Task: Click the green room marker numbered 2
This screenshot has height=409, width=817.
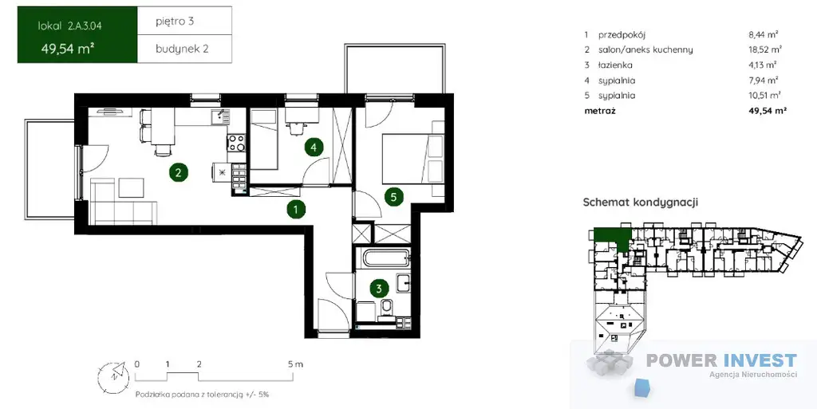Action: click(x=178, y=171)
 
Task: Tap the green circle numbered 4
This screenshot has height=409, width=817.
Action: click(x=313, y=147)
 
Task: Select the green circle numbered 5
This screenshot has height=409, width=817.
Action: click(x=394, y=197)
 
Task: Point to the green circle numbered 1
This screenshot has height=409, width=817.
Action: click(x=296, y=210)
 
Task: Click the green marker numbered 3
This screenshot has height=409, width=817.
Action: click(x=379, y=288)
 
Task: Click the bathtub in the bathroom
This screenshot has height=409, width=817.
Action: click(x=383, y=257)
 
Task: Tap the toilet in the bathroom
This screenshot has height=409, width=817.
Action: click(x=387, y=308)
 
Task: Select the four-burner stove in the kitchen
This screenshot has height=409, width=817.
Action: click(x=236, y=143)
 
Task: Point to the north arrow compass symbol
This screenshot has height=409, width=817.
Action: click(x=112, y=374)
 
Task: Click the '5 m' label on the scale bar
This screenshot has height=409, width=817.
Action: click(x=295, y=364)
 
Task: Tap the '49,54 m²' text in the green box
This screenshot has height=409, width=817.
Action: click(x=68, y=49)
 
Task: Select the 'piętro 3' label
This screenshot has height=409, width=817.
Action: click(x=175, y=22)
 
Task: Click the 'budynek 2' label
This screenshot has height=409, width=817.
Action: click(x=182, y=49)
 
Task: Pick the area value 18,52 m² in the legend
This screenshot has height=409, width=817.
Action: click(x=765, y=50)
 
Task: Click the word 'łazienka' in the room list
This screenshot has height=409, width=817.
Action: click(x=615, y=65)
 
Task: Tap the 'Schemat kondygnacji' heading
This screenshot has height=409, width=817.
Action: click(x=641, y=203)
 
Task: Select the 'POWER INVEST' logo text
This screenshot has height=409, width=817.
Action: click(x=721, y=360)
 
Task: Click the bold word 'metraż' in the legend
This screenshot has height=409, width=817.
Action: click(x=600, y=111)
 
